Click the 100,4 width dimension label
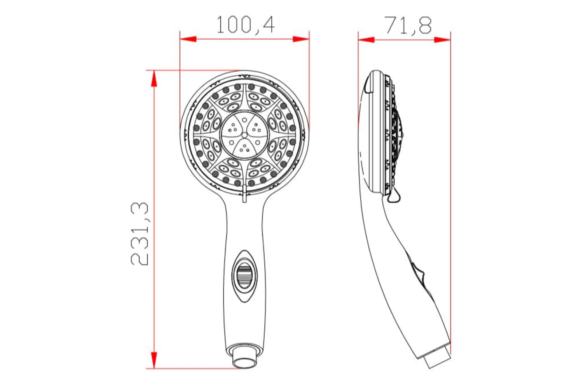245,25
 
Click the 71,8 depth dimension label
408,25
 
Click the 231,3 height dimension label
140,234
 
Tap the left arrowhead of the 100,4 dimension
188,39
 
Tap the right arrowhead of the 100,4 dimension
301,39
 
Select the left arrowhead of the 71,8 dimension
367,40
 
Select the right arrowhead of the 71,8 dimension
442,40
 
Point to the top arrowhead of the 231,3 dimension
154,79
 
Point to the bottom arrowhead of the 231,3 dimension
154,360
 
